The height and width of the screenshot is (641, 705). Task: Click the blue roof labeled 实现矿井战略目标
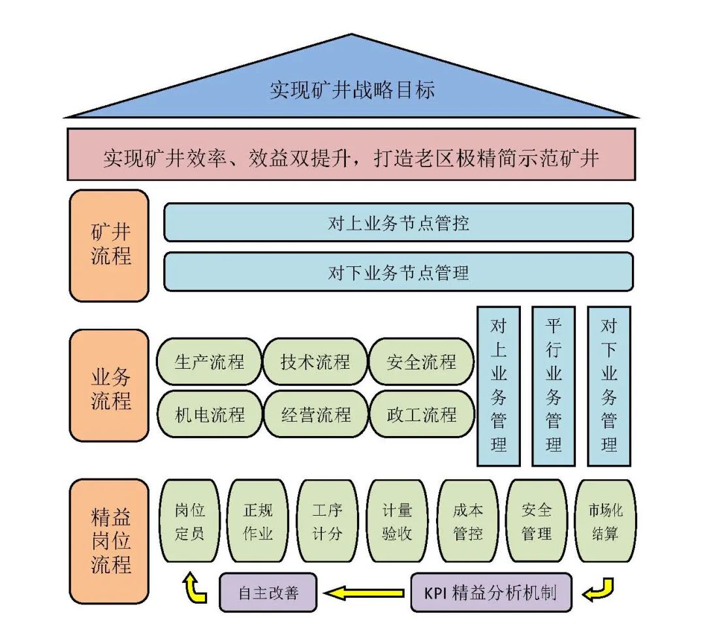(x=352, y=88)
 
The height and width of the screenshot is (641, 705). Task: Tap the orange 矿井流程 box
(x=110, y=245)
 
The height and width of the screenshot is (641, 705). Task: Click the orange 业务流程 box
(x=110, y=386)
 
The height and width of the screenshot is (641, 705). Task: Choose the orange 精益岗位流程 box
(x=110, y=540)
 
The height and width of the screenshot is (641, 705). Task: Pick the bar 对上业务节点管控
(x=398, y=223)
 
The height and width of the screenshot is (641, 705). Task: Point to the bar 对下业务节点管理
(x=398, y=272)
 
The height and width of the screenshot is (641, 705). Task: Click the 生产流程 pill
(x=209, y=361)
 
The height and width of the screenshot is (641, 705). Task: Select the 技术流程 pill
(x=315, y=361)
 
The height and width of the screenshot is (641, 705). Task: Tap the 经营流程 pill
(x=315, y=414)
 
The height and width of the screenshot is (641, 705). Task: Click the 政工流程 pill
(x=421, y=414)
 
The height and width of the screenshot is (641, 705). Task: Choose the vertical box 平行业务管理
(x=554, y=386)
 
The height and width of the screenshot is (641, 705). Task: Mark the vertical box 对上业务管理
(x=499, y=386)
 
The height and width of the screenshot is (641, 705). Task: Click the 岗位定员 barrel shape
(x=189, y=521)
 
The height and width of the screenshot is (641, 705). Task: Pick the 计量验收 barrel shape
(x=397, y=521)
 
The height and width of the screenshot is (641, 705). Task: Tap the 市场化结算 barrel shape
(x=605, y=521)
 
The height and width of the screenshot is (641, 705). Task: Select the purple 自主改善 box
(x=268, y=593)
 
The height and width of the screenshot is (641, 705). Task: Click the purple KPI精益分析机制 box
(x=491, y=593)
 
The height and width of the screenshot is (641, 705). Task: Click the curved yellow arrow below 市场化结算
(x=599, y=589)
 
